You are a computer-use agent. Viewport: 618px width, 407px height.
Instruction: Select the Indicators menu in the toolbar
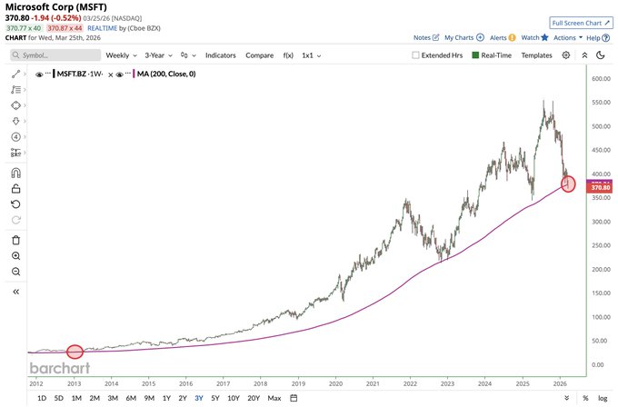220,55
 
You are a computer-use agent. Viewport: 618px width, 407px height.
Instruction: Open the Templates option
536,55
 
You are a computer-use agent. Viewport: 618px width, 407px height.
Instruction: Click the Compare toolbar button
259,55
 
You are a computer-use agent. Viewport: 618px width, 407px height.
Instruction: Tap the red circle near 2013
75,352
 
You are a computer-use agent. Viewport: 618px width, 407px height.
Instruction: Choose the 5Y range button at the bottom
214,398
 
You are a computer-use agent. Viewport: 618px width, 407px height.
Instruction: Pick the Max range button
274,398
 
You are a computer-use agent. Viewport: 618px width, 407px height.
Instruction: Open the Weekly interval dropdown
120,55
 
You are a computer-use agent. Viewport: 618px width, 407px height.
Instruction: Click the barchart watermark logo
59,368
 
